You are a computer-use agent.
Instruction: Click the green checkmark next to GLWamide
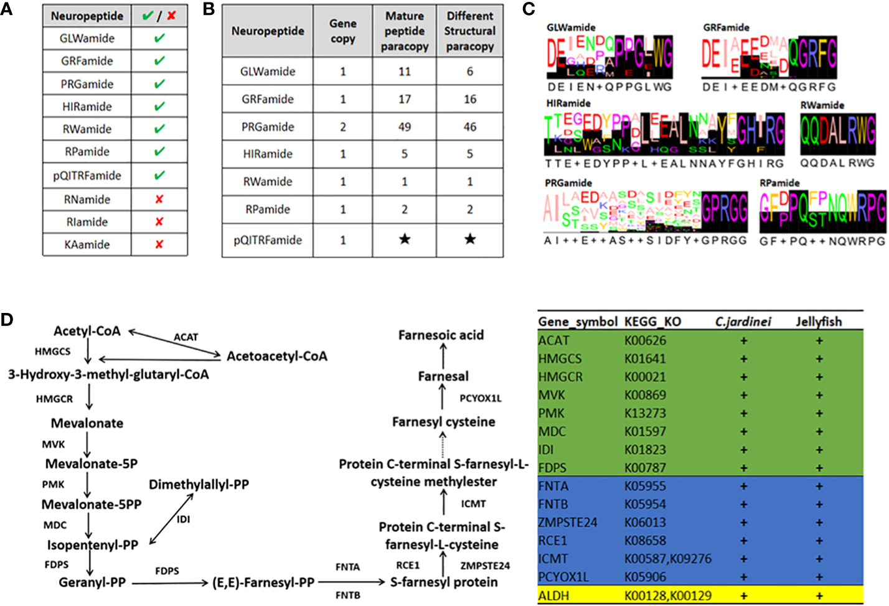[x=159, y=38]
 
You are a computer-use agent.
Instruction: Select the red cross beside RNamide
[x=159, y=199]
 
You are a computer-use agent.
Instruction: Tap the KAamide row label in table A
[x=87, y=245]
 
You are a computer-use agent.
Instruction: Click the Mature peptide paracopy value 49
[x=405, y=127]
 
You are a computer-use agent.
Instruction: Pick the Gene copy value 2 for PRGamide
[x=343, y=127]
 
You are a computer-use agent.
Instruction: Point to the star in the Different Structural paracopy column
[x=470, y=240]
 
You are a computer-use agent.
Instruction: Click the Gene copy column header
[x=343, y=31]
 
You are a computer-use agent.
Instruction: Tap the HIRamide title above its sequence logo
[x=568, y=103]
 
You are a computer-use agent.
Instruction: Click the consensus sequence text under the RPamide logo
[x=822, y=241]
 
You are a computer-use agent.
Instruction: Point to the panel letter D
[x=7, y=320]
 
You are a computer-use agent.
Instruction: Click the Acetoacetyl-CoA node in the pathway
[x=276, y=357]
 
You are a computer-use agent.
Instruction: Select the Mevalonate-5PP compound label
[x=92, y=505]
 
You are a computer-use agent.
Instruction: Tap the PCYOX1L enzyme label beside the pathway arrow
[x=480, y=398]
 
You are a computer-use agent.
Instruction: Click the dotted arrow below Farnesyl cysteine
[x=443, y=445]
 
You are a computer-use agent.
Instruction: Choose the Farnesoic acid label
[x=441, y=335]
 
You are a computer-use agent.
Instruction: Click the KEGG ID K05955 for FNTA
[x=645, y=486]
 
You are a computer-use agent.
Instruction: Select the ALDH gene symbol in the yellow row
[x=553, y=595]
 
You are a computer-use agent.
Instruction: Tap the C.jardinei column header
[x=743, y=322]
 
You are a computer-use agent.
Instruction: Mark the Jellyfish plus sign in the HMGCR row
[x=819, y=377]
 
